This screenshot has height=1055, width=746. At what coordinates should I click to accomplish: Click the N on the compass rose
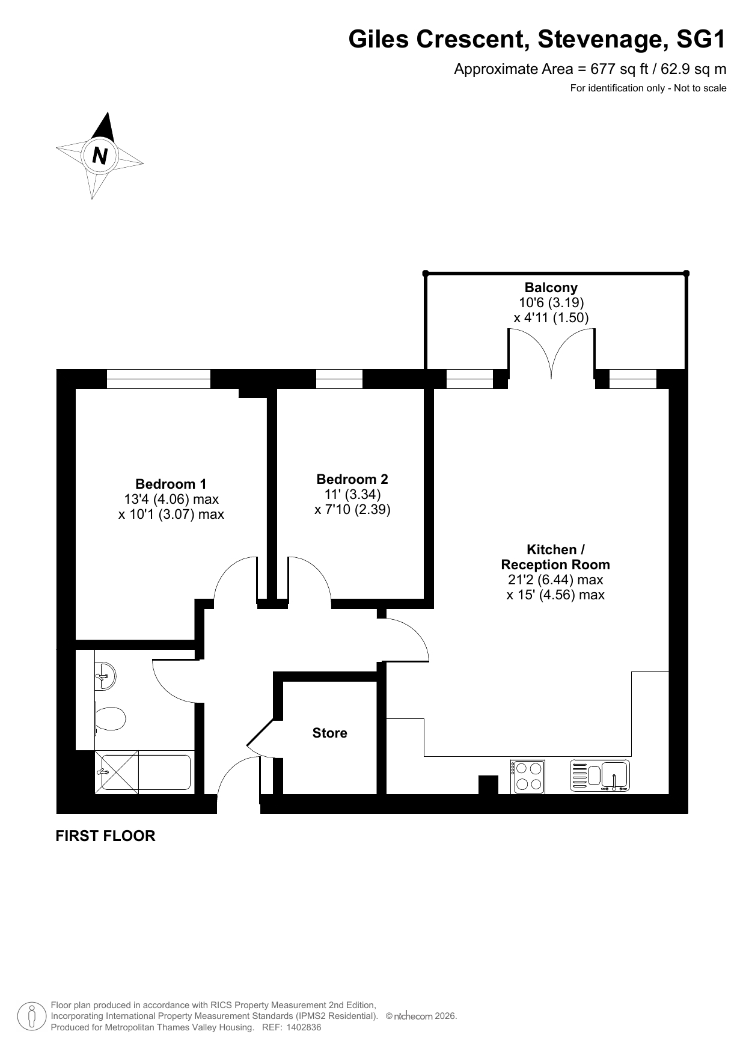pos(100,156)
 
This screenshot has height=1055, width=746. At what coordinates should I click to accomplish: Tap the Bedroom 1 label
pos(171,484)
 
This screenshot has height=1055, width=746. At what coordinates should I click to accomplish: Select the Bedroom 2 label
pos(352,479)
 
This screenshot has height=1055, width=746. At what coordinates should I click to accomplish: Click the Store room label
pos(329,733)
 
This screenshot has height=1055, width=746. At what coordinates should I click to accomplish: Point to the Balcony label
pos(551,287)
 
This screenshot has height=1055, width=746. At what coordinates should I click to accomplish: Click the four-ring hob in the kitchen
pos(528,777)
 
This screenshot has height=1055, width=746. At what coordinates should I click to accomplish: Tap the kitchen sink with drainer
pos(599,775)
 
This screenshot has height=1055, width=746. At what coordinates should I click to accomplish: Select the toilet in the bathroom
pos(109,718)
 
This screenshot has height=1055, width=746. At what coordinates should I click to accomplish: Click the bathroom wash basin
pos(105,676)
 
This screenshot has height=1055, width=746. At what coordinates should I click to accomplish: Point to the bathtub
pos(143,772)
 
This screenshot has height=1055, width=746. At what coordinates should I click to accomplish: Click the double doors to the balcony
pos(552,355)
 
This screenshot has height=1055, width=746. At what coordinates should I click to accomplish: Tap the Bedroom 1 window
pos(159,379)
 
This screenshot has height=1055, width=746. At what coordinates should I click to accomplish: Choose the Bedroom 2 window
pos(339,379)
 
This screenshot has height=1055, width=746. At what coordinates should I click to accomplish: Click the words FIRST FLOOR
pos(105,836)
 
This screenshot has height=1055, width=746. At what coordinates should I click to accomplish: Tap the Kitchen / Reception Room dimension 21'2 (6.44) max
pos(555,579)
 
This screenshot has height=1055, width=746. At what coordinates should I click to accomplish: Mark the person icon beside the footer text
pos(32,1017)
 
